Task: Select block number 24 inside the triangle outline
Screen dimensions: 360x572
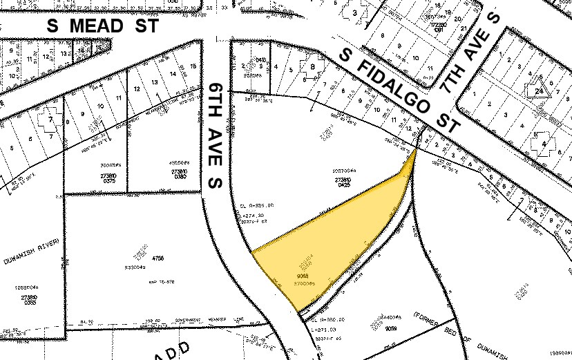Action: tap(535, 89)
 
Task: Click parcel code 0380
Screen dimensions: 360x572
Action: tap(180, 176)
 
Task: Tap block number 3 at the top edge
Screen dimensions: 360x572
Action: tap(356, 12)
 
